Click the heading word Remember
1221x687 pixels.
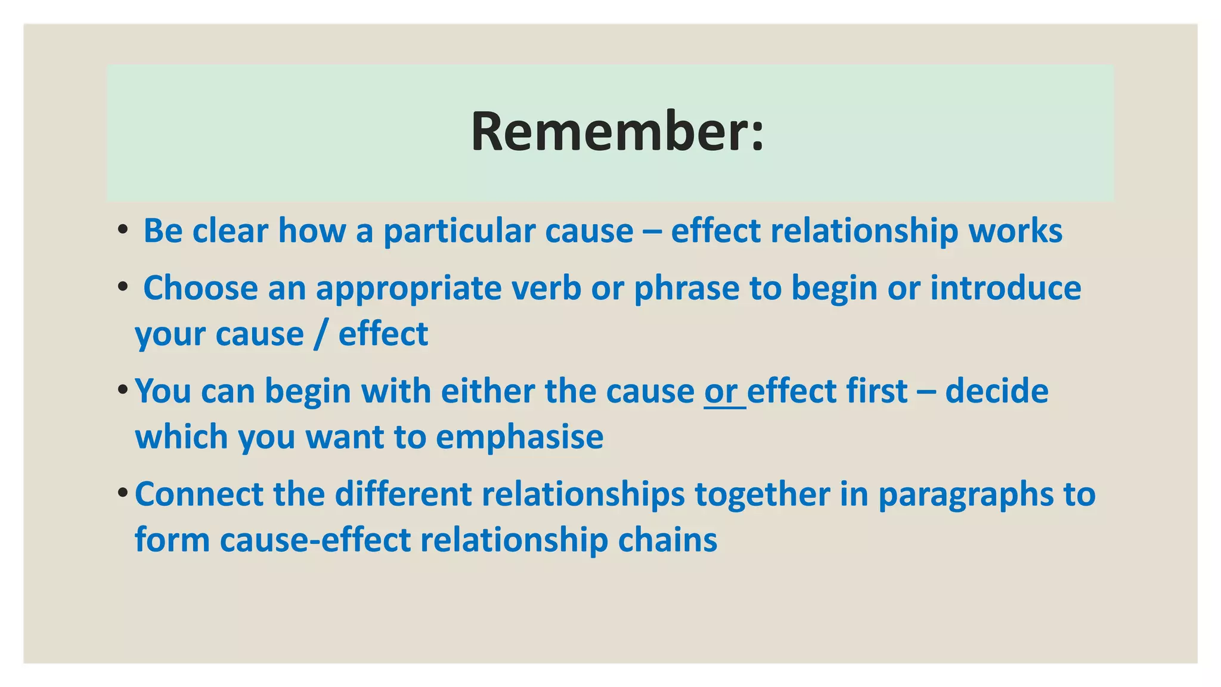[x=608, y=132]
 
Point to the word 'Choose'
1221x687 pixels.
[x=200, y=288]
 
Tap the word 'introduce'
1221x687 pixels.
[x=1005, y=288]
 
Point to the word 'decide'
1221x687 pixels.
[x=996, y=392]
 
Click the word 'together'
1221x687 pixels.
[x=762, y=495]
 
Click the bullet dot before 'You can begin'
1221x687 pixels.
[x=122, y=390]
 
